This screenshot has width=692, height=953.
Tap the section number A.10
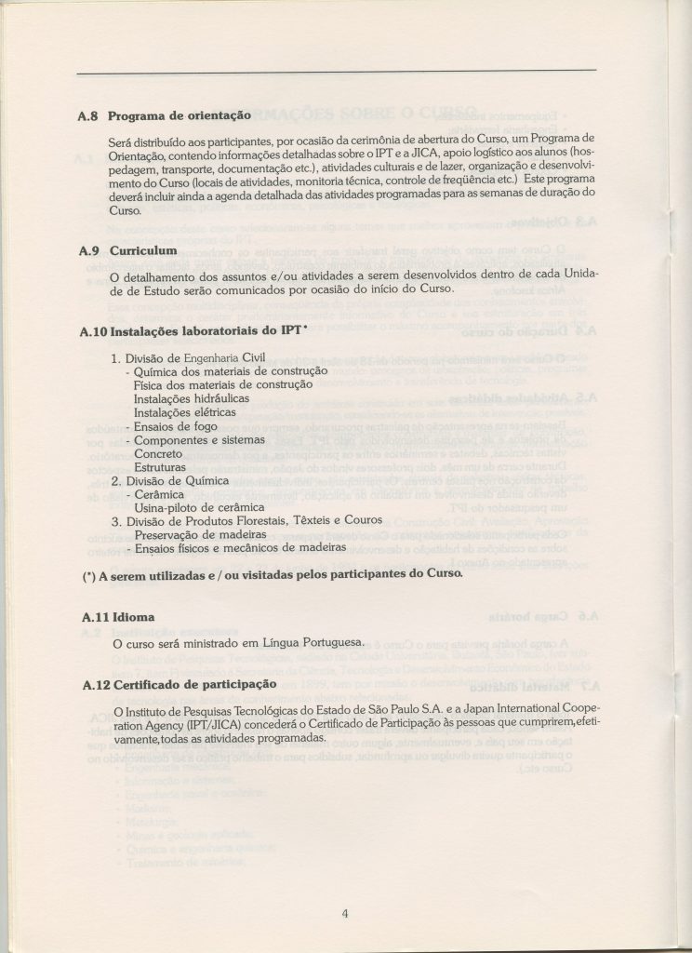click(92, 330)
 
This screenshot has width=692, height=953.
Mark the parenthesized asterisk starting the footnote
click(88, 574)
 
